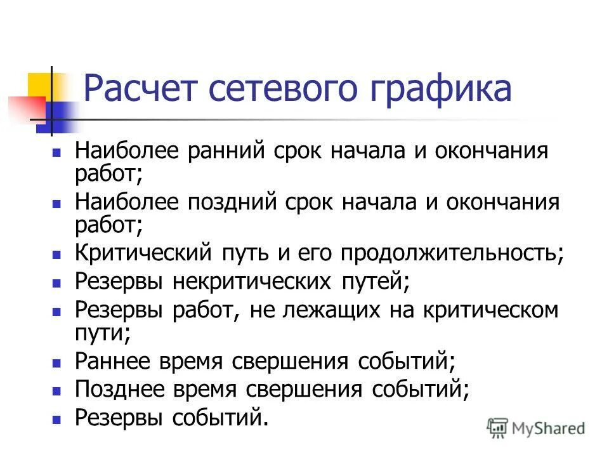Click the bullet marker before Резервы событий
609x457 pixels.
pyautogui.click(x=56, y=419)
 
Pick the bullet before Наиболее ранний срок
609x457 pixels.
pyautogui.click(x=56, y=154)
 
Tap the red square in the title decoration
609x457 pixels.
pyautogui.click(x=25, y=107)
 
